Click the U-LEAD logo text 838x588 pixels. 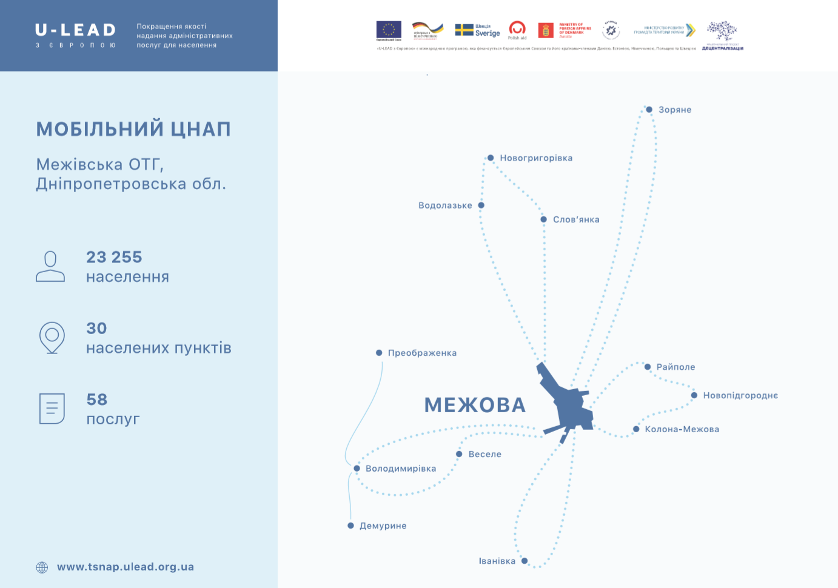(x=75, y=30)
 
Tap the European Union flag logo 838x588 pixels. (x=389, y=30)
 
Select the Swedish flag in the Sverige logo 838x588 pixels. (x=464, y=30)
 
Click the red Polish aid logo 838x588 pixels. (x=517, y=29)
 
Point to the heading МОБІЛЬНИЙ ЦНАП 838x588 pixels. (x=133, y=129)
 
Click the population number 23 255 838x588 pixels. (x=114, y=257)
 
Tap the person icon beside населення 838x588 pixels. (x=50, y=267)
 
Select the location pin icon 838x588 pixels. (x=52, y=337)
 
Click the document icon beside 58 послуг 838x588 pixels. (x=52, y=409)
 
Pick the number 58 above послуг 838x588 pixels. (x=97, y=399)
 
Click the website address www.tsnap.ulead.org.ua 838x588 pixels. (x=126, y=567)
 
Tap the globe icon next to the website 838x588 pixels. (x=42, y=567)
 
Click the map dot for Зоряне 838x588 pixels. (x=649, y=110)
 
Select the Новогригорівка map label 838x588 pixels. (x=536, y=158)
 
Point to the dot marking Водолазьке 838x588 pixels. (x=481, y=205)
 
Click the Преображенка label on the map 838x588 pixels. (x=422, y=353)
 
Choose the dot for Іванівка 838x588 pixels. (x=525, y=561)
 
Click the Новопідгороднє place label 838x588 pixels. (x=740, y=395)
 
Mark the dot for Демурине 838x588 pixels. (x=350, y=526)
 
